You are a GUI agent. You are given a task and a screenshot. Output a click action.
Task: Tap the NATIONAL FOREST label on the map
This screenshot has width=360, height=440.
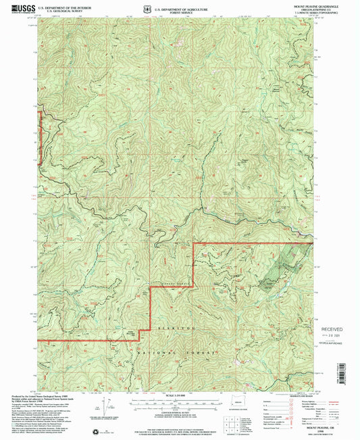(178, 353)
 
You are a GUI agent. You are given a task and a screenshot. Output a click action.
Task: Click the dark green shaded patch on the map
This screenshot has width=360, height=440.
(276, 270)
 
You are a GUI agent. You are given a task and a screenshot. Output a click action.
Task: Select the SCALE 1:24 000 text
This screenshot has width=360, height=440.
(179, 395)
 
